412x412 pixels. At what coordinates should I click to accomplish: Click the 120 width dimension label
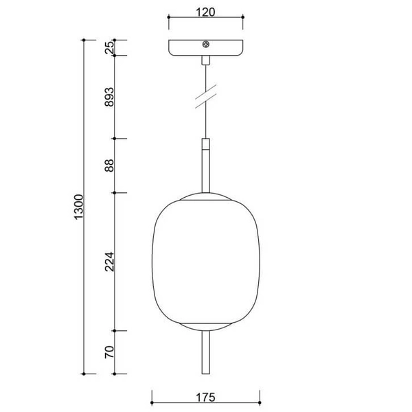206,12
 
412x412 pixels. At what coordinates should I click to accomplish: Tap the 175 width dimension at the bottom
205,396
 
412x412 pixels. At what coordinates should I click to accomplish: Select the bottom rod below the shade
206,354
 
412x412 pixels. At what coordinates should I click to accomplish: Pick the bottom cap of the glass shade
206,325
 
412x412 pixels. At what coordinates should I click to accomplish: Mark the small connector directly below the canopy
205,60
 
